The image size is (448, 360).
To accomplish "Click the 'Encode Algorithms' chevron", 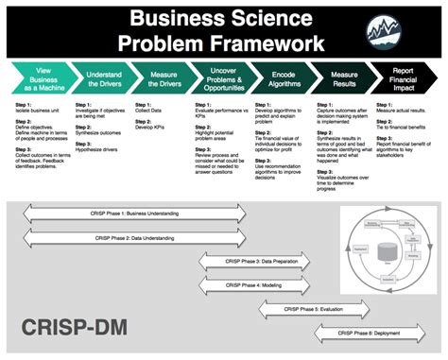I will tap(285, 79).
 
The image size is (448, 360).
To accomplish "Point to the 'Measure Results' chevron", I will tap(347, 79).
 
